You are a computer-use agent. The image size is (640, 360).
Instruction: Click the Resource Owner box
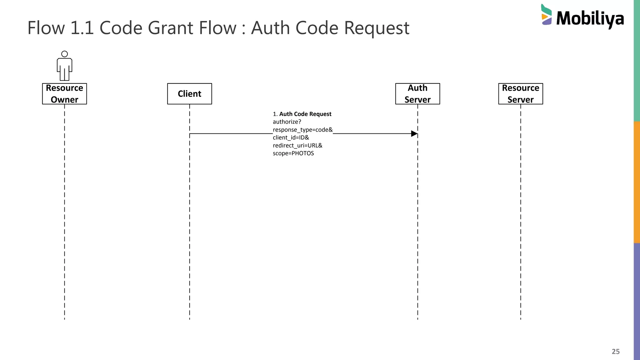[64, 94]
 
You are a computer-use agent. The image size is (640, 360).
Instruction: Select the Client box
[189, 94]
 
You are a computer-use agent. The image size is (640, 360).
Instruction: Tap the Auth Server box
[417, 94]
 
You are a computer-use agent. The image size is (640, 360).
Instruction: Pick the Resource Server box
[520, 94]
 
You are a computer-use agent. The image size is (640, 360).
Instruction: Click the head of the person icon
[64, 54]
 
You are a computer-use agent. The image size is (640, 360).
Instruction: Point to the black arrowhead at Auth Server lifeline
[414, 134]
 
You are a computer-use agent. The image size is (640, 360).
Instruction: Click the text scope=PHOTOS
[293, 153]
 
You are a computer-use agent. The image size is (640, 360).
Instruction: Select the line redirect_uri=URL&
[297, 146]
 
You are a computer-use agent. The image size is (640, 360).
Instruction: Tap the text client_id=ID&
[291, 138]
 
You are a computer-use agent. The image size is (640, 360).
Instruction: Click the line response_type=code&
[302, 130]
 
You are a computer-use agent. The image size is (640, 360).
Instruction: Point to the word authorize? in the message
[287, 122]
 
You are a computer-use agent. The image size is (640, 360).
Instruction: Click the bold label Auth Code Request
[305, 114]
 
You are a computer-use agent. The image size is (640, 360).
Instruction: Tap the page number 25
[615, 352]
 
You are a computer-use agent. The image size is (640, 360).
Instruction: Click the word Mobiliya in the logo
[590, 19]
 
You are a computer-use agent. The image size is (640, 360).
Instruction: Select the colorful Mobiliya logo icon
[546, 15]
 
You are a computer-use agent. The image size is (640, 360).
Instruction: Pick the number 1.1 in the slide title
[82, 28]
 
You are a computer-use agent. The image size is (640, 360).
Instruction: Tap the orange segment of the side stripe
[637, 182]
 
